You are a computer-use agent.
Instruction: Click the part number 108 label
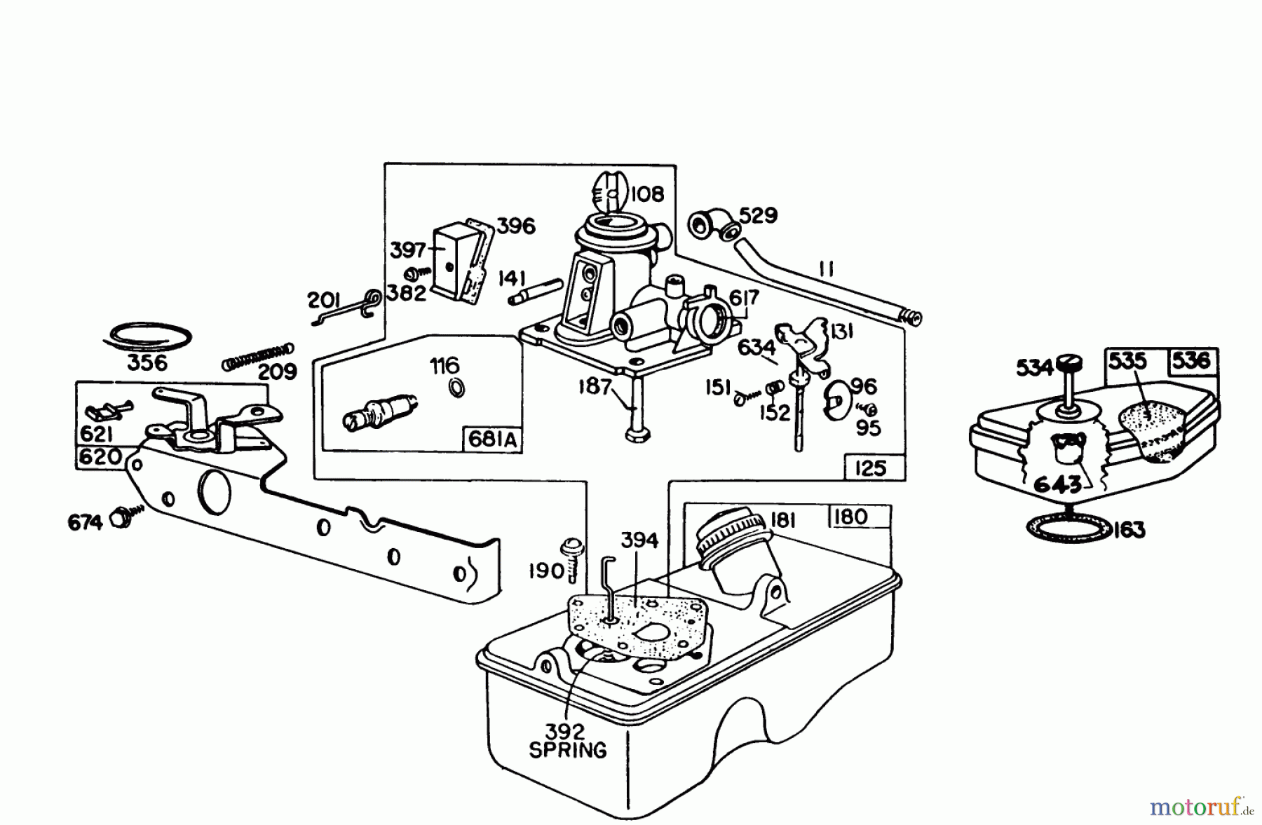pos(647,193)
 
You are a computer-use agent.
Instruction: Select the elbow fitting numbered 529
pos(710,225)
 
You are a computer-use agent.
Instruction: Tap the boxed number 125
pos(871,468)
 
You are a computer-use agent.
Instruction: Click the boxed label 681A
pos(491,440)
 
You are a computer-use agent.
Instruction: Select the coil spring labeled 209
pos(258,355)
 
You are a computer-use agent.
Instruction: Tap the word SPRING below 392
pos(568,750)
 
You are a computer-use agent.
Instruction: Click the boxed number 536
pos(1191,361)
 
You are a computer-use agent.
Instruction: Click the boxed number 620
pos(101,457)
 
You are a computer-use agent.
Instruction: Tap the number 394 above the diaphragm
pos(639,540)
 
